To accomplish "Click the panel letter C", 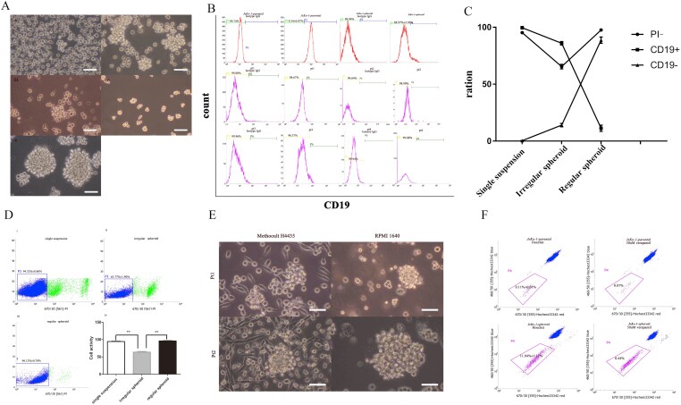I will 468,11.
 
